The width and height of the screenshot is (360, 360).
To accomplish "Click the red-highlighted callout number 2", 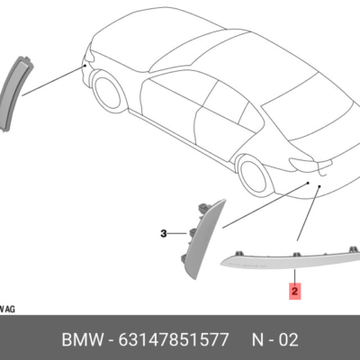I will (293, 291).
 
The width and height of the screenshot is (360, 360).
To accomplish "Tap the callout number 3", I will (164, 233).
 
